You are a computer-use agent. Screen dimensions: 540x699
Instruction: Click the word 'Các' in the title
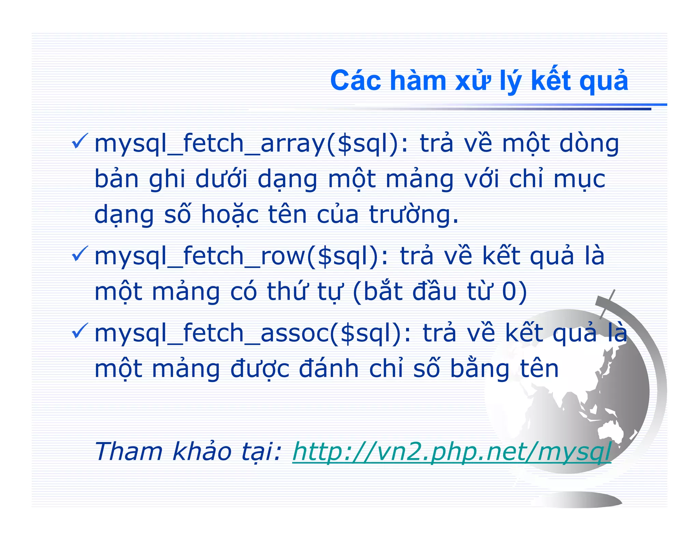pyautogui.click(x=355, y=81)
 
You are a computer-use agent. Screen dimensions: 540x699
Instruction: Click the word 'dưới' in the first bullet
pyautogui.click(x=221, y=179)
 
